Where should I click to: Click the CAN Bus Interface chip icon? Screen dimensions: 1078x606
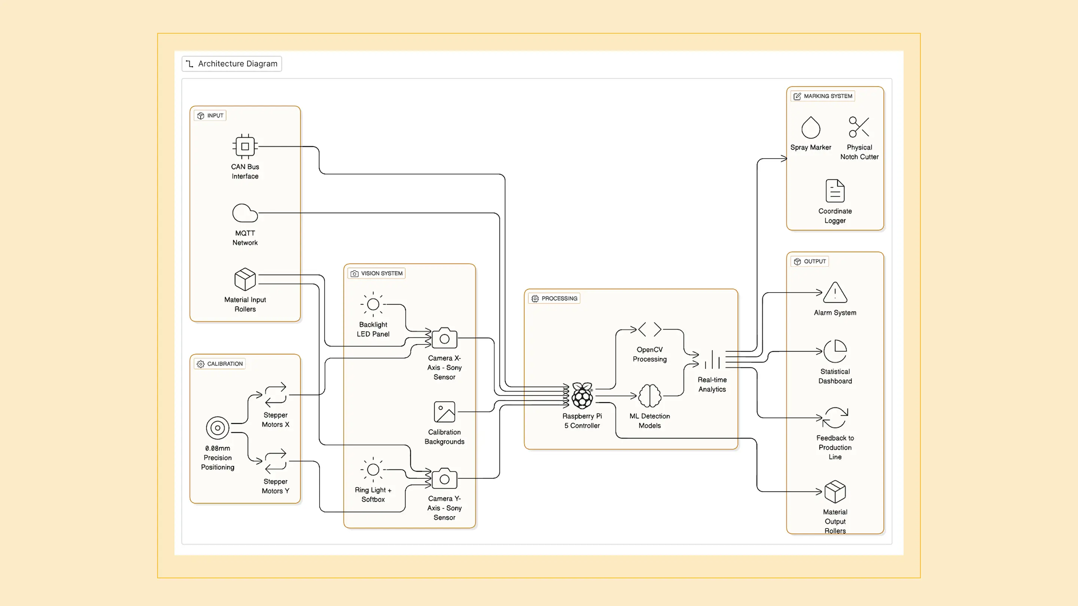[245, 146]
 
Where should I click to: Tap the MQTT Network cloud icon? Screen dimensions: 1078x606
[245, 213]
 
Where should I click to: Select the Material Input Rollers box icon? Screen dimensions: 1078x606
[245, 279]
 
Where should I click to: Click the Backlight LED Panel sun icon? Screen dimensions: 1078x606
[373, 304]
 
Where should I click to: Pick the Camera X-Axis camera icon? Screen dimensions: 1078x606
[444, 338]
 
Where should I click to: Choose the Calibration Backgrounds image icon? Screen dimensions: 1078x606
[444, 412]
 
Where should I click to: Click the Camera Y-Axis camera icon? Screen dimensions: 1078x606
[444, 478]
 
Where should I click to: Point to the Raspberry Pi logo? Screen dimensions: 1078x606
[582, 395]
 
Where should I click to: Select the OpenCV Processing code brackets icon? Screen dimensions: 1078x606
[649, 329]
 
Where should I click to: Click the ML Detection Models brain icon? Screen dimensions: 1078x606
[649, 396]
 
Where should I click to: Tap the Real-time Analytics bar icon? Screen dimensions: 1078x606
[712, 359]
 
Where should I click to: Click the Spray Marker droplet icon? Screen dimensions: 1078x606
[811, 127]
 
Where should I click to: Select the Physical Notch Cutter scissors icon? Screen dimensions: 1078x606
[859, 127]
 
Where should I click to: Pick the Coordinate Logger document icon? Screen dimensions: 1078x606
[835, 191]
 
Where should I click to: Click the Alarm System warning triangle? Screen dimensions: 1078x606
[835, 292]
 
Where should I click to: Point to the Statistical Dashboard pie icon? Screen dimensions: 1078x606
[835, 351]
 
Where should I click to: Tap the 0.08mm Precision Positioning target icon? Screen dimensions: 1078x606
[217, 428]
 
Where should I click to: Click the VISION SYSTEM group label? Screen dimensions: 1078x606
[382, 273]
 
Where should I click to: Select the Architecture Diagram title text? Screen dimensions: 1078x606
[238, 64]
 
